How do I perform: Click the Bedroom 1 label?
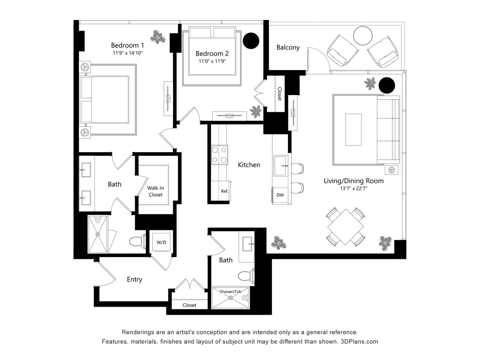(x=127, y=45)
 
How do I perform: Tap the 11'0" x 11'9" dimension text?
(x=212, y=61)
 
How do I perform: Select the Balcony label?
(x=288, y=47)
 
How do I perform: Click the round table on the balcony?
(x=363, y=35)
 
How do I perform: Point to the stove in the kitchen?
(x=219, y=155)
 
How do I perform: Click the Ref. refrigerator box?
(x=224, y=191)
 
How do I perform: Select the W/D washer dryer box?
(x=161, y=242)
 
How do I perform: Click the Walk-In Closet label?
(x=155, y=191)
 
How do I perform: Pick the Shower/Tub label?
(x=230, y=292)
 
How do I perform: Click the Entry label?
(x=134, y=279)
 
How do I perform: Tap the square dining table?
(x=346, y=226)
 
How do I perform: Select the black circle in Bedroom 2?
(x=251, y=41)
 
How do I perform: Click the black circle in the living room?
(x=387, y=85)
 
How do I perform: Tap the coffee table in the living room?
(x=353, y=130)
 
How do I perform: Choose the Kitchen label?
(x=249, y=165)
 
